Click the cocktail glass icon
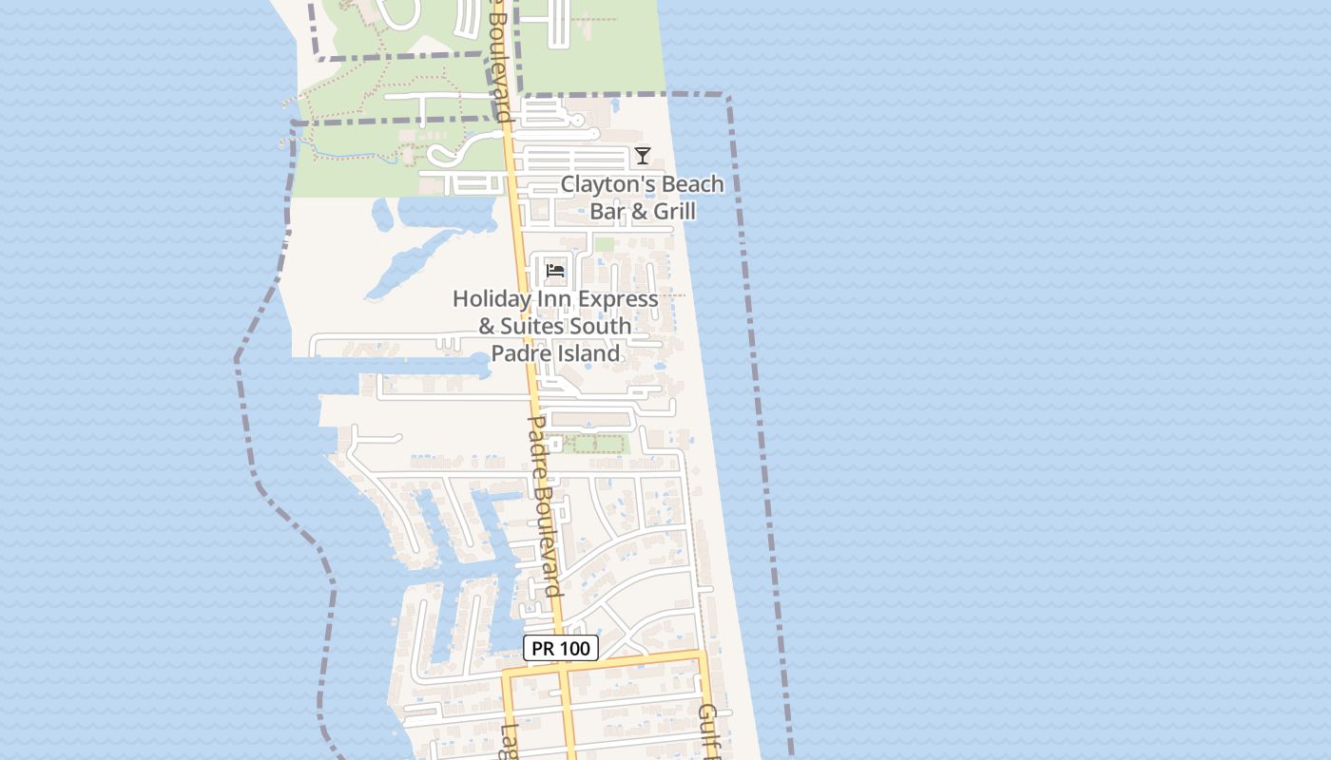[643, 156]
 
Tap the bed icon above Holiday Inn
[556, 271]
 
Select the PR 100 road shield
[561, 648]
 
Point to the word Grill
[669, 211]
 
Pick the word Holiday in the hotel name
[491, 298]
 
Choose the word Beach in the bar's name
[692, 184]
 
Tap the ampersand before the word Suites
[487, 327]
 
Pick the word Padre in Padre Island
[515, 354]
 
